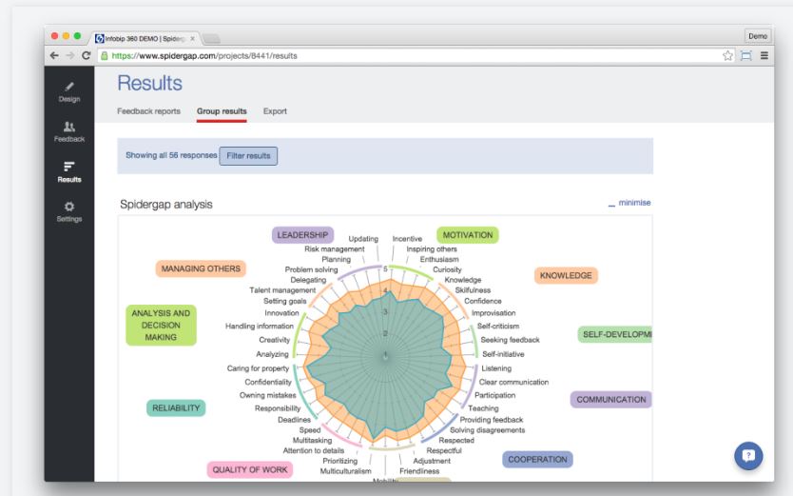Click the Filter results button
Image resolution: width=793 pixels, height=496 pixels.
pos(248,155)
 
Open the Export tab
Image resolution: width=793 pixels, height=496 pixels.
pos(275,111)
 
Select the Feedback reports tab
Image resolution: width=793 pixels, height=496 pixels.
pos(156,111)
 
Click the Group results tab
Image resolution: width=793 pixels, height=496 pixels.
pos(222,111)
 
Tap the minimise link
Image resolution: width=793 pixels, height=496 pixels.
pos(634,203)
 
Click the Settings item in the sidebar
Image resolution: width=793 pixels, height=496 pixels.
pos(68,211)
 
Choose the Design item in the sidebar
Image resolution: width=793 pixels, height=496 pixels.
pos(68,90)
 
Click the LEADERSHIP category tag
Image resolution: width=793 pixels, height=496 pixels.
pos(302,234)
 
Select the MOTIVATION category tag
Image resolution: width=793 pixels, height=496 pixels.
pos(467,234)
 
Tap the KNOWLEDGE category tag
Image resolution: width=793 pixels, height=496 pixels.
pos(566,275)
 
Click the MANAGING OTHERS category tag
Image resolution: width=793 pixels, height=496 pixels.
pos(201,268)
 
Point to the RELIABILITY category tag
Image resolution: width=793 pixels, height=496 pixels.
pos(176,407)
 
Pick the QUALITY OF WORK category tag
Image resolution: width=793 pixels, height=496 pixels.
pos(251,469)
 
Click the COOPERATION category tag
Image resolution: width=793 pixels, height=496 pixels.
pos(538,459)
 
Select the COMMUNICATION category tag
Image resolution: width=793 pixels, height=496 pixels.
pos(611,400)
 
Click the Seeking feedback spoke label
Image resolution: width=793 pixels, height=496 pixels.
pos(510,340)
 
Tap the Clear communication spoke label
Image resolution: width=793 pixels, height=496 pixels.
pos(513,382)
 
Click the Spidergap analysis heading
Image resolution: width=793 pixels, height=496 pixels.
pos(166,204)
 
